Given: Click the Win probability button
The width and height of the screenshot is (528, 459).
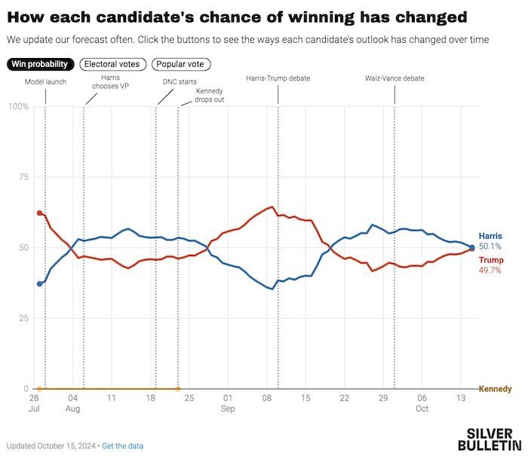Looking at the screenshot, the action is tap(40, 64).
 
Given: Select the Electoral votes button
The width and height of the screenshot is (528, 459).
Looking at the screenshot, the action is tap(113, 64).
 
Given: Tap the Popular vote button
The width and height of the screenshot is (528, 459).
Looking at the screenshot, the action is tap(181, 64).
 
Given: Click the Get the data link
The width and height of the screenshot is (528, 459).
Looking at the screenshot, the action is tap(122, 446).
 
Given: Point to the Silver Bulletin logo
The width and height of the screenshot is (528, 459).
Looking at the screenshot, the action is tap(490, 439).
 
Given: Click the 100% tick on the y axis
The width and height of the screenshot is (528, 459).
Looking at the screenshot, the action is tap(19, 107).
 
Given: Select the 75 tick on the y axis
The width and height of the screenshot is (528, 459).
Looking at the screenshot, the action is tap(23, 177).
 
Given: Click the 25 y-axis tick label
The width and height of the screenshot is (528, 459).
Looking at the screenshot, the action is tap(23, 318).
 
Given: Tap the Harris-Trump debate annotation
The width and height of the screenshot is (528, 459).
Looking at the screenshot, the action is tap(278, 78).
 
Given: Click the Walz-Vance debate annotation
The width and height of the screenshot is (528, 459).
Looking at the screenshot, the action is tap(394, 78).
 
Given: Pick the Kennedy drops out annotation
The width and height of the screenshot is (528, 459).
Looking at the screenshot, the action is tap(210, 95).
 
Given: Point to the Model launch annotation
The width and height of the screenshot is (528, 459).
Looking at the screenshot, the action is tap(45, 81).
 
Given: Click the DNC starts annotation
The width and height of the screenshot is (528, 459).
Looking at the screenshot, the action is tap(180, 81).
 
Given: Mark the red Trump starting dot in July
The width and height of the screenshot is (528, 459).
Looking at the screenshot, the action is tap(39, 213).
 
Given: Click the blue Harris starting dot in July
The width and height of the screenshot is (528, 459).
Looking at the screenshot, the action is tap(39, 284).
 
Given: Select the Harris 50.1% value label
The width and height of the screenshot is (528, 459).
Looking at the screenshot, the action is tap(490, 246).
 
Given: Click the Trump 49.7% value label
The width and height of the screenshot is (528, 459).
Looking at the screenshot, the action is tap(490, 271).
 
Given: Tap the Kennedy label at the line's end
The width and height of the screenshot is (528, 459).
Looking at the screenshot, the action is tap(495, 389).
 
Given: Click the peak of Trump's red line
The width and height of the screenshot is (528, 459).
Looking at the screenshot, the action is tap(272, 207).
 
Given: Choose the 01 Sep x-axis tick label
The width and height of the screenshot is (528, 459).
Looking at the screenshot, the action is tap(228, 403).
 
